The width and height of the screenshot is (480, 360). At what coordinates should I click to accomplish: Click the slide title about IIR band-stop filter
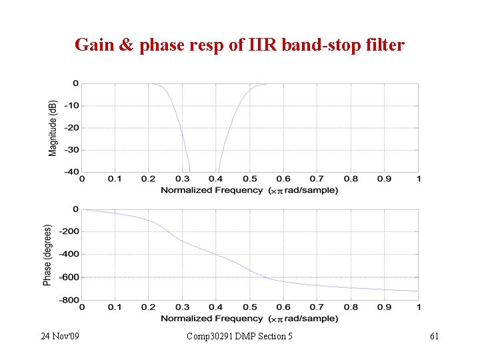[x=239, y=45]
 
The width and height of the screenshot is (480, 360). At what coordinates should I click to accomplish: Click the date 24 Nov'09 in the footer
[x=59, y=336]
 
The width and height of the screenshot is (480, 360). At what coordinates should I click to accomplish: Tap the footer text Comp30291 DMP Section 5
[x=239, y=336]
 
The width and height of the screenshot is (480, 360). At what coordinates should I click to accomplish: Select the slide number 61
[x=433, y=336]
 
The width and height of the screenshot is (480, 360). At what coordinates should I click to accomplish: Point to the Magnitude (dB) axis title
[x=53, y=128]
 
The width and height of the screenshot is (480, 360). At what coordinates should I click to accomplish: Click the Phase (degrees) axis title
[x=47, y=255]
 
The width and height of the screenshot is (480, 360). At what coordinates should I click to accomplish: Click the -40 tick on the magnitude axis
[x=71, y=172]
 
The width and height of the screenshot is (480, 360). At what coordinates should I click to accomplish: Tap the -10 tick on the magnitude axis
[x=71, y=105]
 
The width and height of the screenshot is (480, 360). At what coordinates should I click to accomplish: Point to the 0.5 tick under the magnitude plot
[x=250, y=179]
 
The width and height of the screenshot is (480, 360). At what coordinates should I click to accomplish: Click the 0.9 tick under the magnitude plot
[x=385, y=179]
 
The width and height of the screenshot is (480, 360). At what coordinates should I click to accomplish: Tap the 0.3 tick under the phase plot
[x=183, y=307]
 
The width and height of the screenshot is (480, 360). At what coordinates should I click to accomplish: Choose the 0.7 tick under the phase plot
[x=317, y=307]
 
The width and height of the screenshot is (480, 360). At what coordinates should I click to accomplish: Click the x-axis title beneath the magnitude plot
[x=249, y=190]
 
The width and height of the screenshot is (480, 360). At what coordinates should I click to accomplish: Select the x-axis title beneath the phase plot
[x=249, y=318]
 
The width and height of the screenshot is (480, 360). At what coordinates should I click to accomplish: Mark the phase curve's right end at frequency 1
[x=418, y=291]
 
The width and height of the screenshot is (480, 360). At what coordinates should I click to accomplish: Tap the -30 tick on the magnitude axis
[x=71, y=150]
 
